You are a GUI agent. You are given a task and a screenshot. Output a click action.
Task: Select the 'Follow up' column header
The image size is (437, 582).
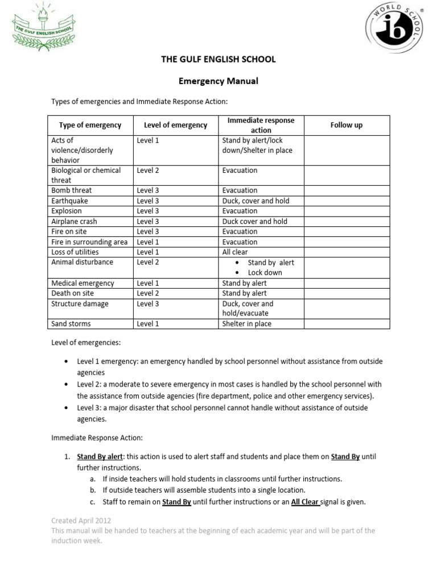coord(346,125)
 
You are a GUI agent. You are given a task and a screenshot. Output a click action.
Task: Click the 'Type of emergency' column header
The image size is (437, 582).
coord(90,125)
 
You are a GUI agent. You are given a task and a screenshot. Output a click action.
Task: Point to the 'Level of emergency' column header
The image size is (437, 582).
coord(175,125)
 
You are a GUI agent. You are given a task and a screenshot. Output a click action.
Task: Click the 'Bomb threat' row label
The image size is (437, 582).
coord(71,190)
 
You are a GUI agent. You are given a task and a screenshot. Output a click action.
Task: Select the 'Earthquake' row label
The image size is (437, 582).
coord(69,201)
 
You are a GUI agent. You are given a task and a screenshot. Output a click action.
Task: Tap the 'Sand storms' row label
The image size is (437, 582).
coord(71,324)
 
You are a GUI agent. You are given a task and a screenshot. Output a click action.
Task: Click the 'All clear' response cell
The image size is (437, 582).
coord(235,252)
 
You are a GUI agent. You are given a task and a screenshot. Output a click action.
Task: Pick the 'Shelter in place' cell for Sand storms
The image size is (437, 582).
coord(246,324)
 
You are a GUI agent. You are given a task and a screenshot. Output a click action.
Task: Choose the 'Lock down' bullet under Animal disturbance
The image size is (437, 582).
coord(265,273)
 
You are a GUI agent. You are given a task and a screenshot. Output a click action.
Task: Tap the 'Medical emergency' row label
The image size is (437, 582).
coord(83,283)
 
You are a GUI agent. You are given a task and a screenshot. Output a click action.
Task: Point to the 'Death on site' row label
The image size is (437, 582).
coord(72,293)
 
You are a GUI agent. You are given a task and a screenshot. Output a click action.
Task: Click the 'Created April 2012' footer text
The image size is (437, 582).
coord(81,521)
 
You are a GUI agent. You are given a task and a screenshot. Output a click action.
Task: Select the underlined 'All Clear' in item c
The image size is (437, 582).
coord(304,502)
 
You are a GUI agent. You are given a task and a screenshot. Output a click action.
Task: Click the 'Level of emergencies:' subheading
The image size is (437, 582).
coord(86,343)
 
